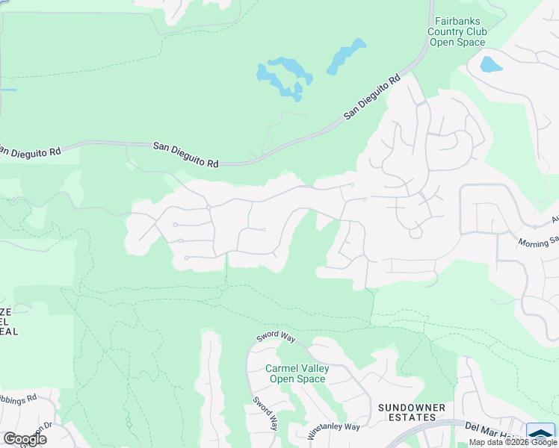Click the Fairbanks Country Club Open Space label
click(x=457, y=32)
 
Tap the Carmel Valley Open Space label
click(x=297, y=373)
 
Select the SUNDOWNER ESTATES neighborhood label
click(x=411, y=411)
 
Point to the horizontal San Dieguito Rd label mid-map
click(x=186, y=154)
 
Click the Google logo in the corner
click(x=25, y=438)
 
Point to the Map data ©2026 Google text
click(x=513, y=442)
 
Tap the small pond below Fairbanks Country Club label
click(x=491, y=64)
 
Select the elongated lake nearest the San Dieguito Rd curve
click(x=346, y=56)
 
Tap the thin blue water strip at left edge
click(x=7, y=90)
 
